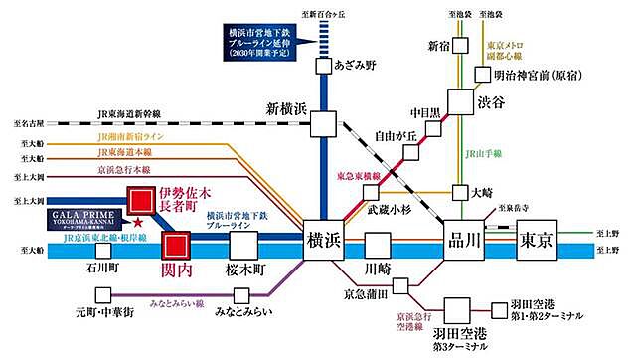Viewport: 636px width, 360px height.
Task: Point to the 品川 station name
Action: [x=464, y=239]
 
